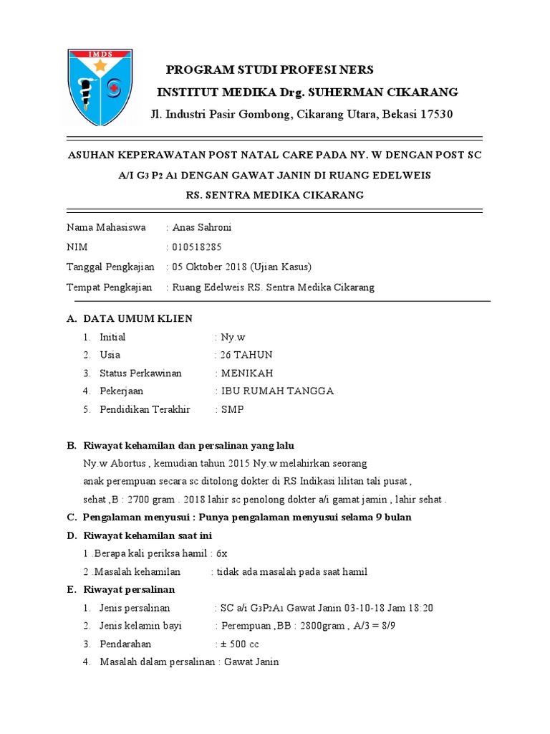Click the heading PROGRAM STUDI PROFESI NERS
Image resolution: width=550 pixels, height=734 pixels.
point(270,70)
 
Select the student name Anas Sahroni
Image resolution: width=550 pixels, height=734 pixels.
point(203,227)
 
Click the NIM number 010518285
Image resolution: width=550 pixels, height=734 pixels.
point(197,247)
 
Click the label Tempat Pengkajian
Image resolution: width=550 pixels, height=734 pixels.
point(110,287)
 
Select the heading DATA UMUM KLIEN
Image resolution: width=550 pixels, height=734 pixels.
point(137,318)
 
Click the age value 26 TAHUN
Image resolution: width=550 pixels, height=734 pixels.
point(246,355)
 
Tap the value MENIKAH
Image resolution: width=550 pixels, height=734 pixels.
point(247,373)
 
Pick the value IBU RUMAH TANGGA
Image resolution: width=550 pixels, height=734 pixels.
point(277,391)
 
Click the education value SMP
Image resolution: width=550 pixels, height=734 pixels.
point(232,410)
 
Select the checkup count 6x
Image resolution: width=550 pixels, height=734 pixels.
point(221,553)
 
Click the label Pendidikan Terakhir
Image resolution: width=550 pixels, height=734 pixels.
point(145,410)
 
